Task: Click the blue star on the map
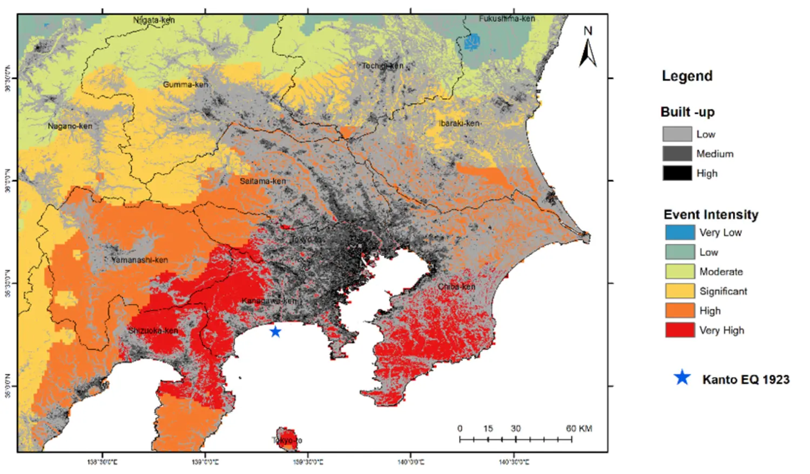(275, 332)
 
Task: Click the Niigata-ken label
(154, 20)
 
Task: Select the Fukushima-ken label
(507, 19)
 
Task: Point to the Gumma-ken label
(185, 85)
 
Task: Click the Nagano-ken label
(70, 126)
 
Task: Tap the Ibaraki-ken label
(459, 123)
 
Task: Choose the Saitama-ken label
(262, 181)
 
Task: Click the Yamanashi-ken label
(139, 260)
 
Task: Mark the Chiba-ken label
(456, 286)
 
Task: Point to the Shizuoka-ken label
(153, 331)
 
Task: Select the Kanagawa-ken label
(269, 300)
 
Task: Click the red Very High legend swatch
(680, 330)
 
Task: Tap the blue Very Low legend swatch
(680, 232)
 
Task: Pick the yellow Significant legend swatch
(680, 291)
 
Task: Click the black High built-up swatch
(677, 173)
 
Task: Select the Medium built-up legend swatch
(677, 154)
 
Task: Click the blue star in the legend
(683, 378)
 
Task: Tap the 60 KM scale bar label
(579, 429)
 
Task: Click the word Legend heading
(687, 76)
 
